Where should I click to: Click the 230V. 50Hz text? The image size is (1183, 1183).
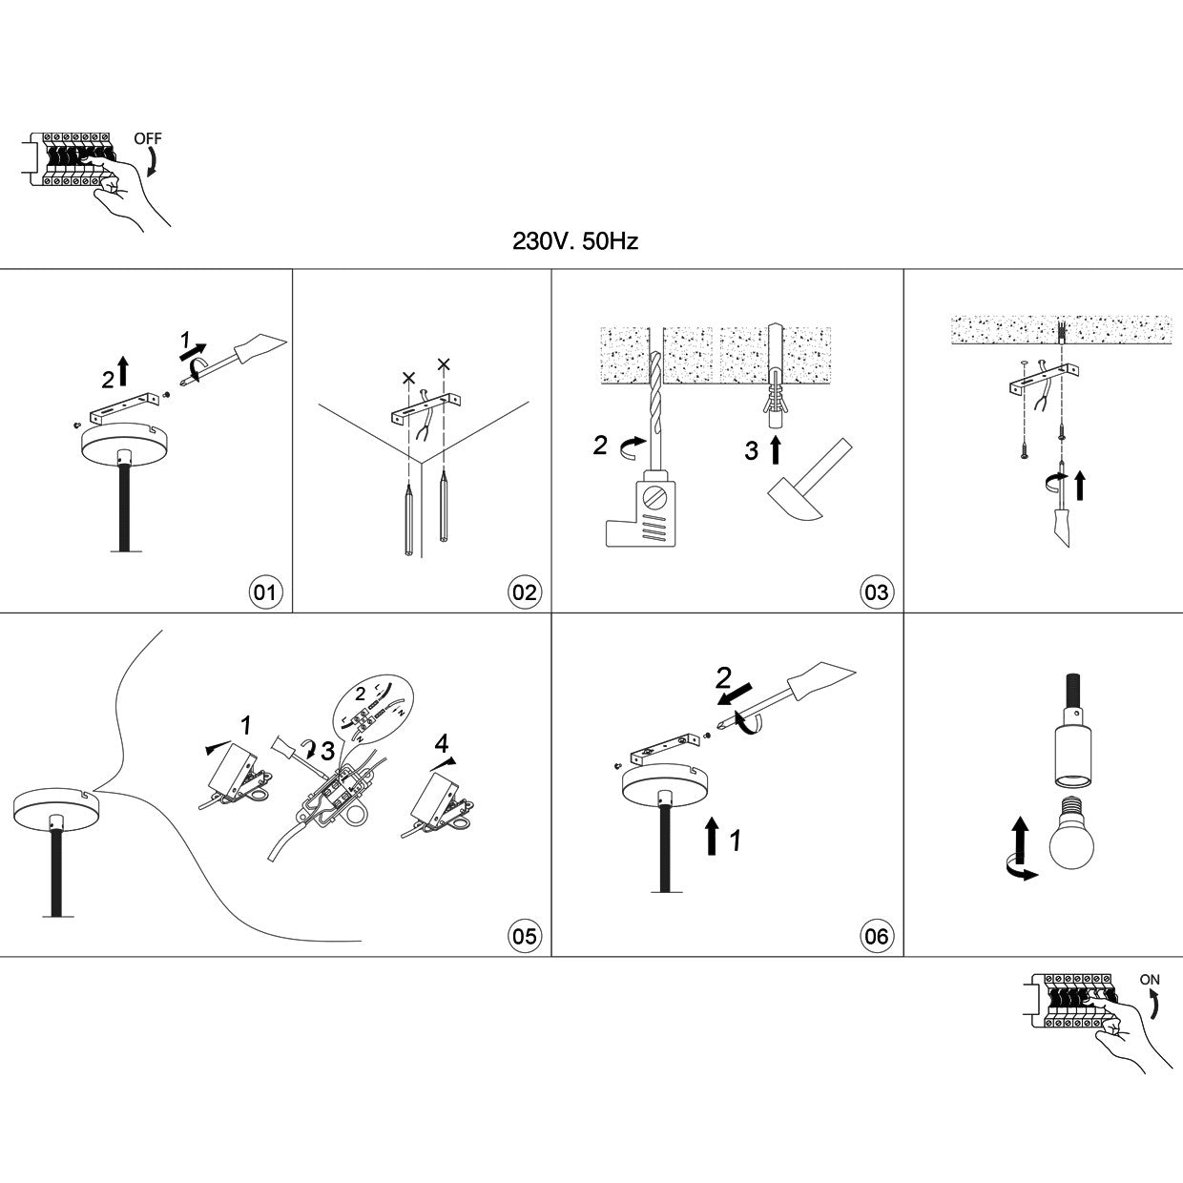(x=575, y=241)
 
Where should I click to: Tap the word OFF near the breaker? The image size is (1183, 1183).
(x=148, y=138)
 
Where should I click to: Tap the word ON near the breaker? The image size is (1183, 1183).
(x=1150, y=980)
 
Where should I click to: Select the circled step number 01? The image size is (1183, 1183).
(x=263, y=592)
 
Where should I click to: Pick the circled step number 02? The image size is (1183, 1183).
(x=524, y=592)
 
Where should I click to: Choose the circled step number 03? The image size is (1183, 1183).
(x=875, y=592)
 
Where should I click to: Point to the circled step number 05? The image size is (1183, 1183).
(x=524, y=936)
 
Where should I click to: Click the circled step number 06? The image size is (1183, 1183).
(x=875, y=936)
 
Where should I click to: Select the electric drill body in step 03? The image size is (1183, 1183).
(x=641, y=513)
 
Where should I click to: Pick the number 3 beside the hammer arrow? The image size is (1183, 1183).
(x=751, y=451)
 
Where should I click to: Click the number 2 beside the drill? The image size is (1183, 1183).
(x=599, y=446)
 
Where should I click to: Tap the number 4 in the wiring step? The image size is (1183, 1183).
(x=441, y=742)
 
